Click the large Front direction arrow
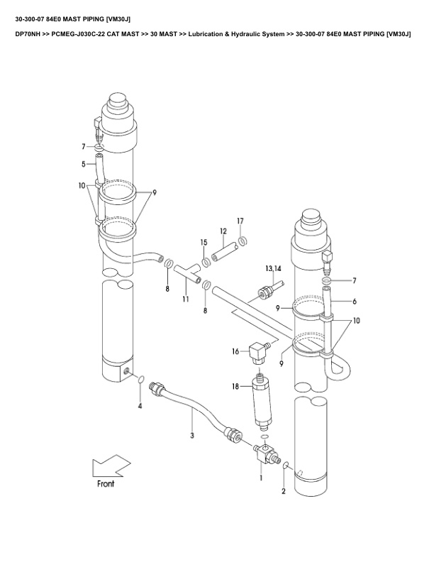click(x=105, y=469)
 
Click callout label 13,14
click(x=274, y=269)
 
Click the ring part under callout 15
click(x=205, y=262)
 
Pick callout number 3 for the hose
click(x=191, y=434)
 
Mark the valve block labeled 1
click(x=263, y=454)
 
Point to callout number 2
click(x=284, y=490)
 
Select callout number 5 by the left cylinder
click(x=84, y=164)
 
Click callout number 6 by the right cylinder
click(x=353, y=301)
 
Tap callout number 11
click(x=186, y=301)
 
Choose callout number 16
click(x=235, y=351)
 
